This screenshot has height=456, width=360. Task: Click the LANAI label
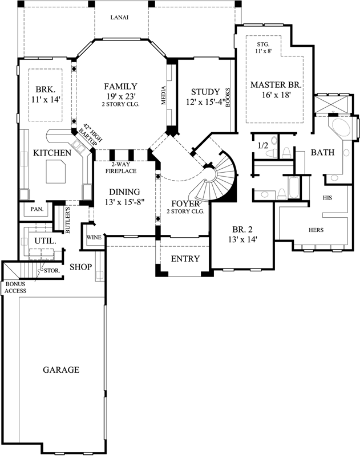click(119, 17)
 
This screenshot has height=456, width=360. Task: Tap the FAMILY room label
click(120, 86)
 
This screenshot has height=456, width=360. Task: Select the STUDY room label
click(205, 91)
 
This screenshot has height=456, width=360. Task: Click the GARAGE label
click(61, 369)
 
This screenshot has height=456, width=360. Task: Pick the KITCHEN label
click(52, 153)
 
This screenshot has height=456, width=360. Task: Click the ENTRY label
click(185, 259)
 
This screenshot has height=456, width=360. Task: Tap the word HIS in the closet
click(327, 197)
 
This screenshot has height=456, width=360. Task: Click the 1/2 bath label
click(264, 146)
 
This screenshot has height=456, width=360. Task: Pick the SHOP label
click(81, 267)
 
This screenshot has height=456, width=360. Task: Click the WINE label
click(94, 237)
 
